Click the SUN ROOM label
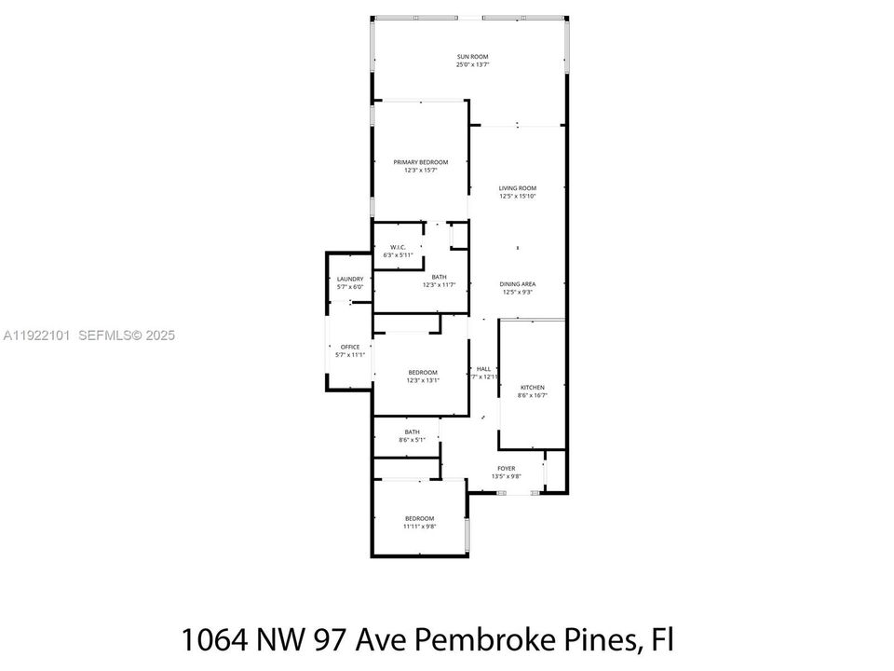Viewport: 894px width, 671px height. (472, 57)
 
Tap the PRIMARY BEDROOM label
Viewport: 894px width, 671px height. (420, 162)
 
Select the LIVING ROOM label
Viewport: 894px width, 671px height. (517, 188)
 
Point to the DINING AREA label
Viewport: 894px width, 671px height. (517, 284)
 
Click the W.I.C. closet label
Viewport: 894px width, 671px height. (398, 247)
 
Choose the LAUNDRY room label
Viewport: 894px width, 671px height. (350, 279)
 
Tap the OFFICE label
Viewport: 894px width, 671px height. (349, 347)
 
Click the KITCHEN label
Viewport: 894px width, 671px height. (532, 388)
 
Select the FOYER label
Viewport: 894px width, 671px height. (506, 469)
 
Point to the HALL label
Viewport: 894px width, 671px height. (483, 369)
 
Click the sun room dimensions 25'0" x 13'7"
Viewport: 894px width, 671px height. (472, 65)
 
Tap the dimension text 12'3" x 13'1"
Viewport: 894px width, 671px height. (422, 380)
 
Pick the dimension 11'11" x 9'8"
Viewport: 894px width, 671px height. (419, 527)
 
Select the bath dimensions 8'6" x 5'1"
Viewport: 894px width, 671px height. (412, 440)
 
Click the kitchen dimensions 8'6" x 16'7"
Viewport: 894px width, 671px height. (532, 396)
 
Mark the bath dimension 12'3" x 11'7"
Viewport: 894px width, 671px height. (439, 285)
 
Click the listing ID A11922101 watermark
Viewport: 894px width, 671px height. (38, 335)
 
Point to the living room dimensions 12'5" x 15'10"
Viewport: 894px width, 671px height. (517, 197)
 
